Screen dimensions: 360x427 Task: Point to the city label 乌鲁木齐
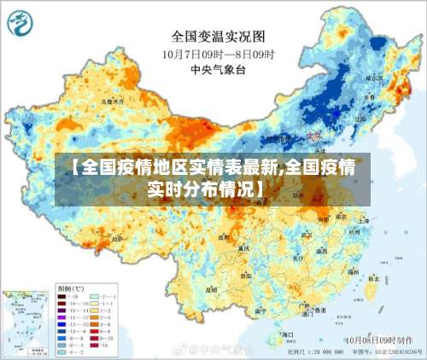[113, 101]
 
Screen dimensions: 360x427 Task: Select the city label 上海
[363, 219]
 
